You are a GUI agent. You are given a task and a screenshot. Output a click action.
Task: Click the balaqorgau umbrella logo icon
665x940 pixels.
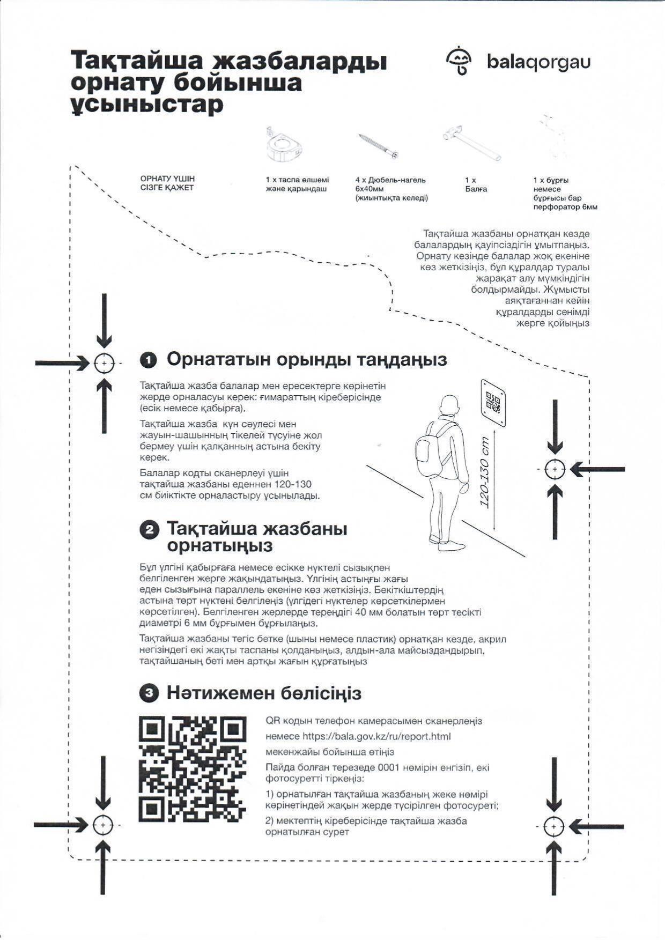[x=459, y=61]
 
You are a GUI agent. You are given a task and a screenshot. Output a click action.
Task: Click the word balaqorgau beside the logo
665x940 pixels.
[x=538, y=62]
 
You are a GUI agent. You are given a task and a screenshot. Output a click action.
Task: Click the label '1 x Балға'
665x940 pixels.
[x=475, y=185]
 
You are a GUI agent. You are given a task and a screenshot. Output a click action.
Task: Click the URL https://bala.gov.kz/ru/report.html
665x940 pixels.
[x=376, y=737]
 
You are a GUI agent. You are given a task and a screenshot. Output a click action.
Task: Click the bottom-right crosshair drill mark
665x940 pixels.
[x=553, y=827]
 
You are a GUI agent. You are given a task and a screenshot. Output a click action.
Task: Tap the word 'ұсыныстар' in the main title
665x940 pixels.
[x=147, y=105]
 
